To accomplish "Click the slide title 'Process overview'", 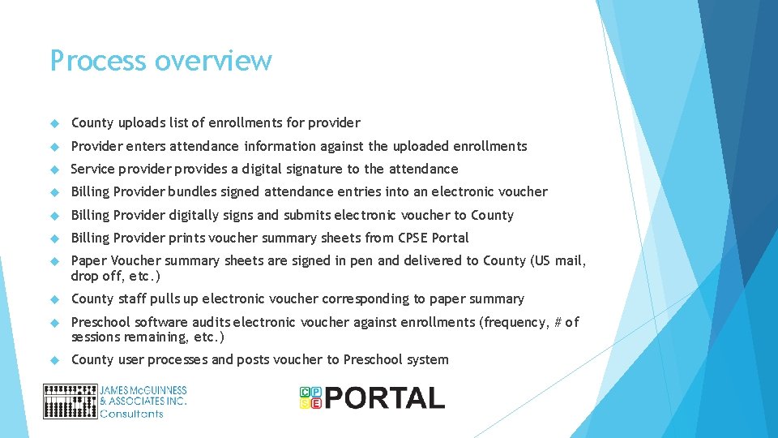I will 160,61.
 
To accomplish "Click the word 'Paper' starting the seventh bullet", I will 88,261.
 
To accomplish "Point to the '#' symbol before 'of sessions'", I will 557,322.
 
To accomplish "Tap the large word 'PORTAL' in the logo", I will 385,398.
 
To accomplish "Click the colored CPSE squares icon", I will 310,397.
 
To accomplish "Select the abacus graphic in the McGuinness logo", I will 70,401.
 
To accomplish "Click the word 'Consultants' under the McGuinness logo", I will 131,414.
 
